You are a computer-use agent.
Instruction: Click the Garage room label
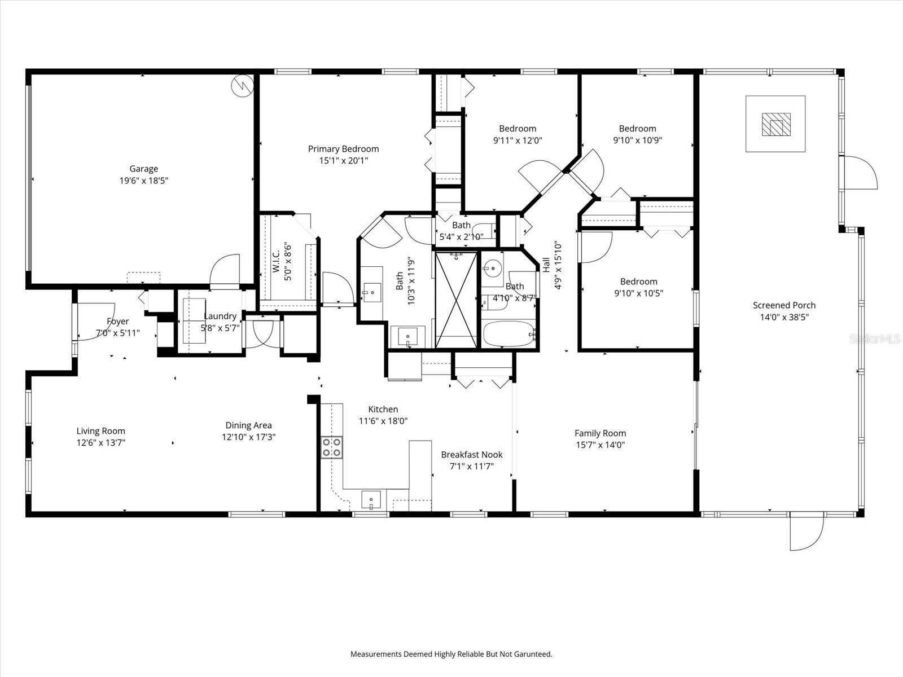point(143,168)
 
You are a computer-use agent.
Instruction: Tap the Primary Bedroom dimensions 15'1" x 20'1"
point(343,161)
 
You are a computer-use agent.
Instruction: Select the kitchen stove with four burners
point(331,448)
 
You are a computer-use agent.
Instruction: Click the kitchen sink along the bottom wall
point(371,500)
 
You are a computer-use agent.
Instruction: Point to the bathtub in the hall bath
point(509,335)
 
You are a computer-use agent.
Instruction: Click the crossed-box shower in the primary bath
point(456,300)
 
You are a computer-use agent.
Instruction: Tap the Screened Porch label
point(784,305)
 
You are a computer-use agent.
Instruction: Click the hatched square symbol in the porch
point(776,124)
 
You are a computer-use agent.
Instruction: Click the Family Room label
point(600,433)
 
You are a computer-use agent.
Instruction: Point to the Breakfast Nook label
point(471,455)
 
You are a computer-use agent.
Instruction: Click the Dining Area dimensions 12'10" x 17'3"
point(248,437)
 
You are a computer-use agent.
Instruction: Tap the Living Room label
point(101,431)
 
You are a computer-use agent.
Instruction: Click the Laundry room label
point(220,316)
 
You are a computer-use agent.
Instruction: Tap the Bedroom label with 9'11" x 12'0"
point(518,129)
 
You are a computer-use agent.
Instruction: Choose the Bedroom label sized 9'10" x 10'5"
point(638,282)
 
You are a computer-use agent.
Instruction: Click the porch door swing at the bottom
point(807,533)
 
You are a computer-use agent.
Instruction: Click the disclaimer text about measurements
point(451,654)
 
